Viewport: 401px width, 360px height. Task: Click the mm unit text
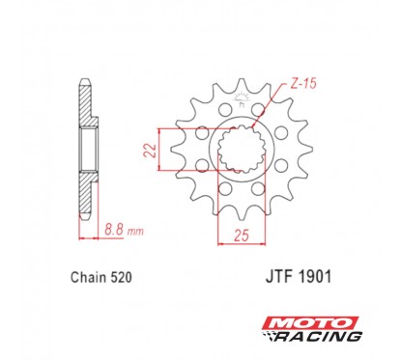click(136, 233)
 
